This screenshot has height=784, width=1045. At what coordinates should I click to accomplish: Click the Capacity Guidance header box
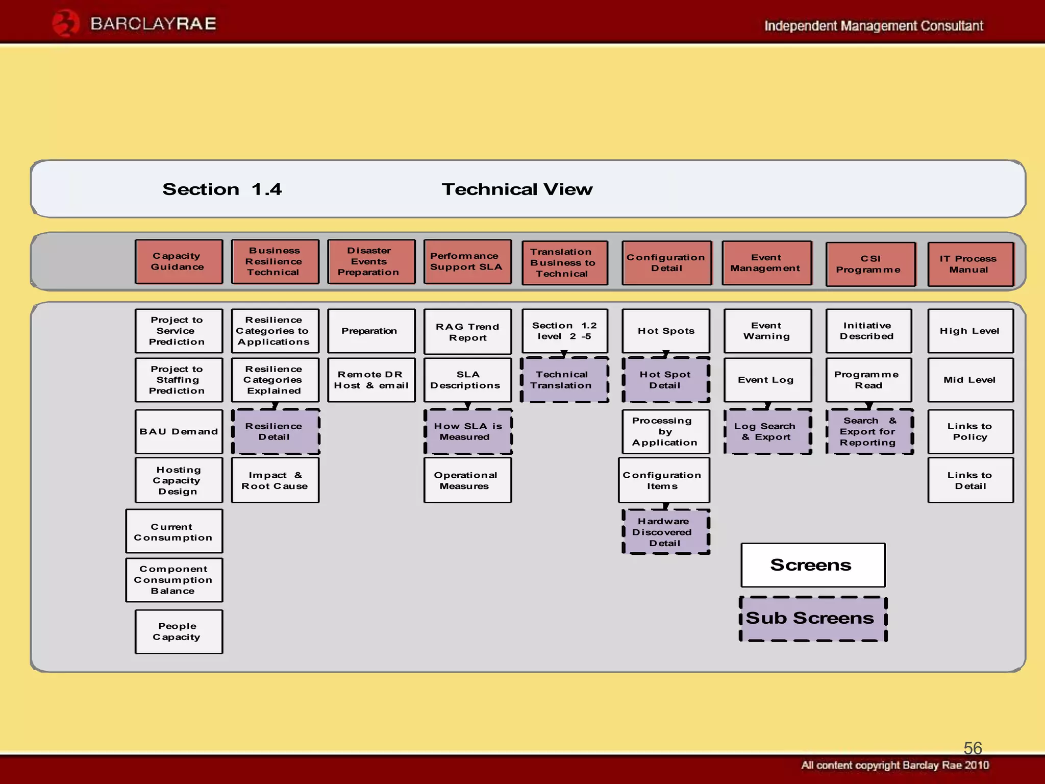coord(179,261)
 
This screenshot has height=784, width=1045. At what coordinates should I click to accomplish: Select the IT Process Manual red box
coord(971,264)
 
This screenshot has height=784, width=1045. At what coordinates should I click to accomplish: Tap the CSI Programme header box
coord(870,264)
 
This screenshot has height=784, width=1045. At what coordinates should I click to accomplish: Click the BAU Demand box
coord(179,431)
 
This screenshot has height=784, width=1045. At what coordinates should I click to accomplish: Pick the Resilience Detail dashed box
coord(276,431)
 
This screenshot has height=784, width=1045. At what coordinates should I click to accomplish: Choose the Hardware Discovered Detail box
coord(666,532)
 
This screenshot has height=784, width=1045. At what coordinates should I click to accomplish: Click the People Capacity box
coord(179,631)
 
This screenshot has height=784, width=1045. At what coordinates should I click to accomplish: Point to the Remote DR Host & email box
coord(371,380)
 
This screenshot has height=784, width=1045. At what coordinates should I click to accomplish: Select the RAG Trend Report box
coord(467,331)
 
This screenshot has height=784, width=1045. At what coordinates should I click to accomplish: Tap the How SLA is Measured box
coord(468,431)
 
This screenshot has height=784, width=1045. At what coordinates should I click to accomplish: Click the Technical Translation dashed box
coord(564,380)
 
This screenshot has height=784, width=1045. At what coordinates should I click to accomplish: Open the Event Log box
coord(767,380)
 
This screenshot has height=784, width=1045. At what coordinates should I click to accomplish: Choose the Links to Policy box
coord(971,431)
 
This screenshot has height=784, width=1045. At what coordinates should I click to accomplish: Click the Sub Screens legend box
coord(813,619)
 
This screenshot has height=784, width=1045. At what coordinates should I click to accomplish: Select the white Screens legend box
coord(813,565)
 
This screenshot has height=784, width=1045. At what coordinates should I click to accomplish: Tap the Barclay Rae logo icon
coord(66,23)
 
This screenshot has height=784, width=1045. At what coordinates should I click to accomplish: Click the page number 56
coord(973,748)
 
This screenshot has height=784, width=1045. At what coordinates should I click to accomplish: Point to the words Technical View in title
coord(517,189)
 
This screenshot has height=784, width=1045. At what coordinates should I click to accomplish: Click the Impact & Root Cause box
coord(276,480)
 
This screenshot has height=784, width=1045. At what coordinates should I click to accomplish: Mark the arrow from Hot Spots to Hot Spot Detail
coord(666,354)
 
